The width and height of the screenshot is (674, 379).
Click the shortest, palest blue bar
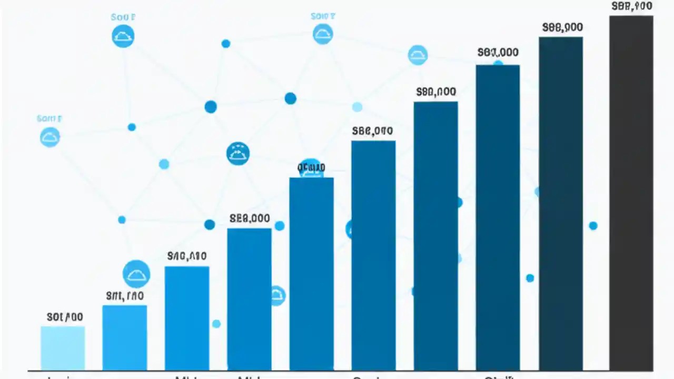click(63, 348)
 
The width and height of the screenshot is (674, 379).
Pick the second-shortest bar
click(124, 337)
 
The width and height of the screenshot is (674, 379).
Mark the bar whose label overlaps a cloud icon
click(311, 274)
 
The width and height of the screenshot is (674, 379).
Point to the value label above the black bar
click(632, 7)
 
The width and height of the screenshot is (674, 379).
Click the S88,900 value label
click(562, 28)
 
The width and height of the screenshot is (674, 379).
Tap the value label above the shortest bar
click(65, 317)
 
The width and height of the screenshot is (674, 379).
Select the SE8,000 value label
click(250, 218)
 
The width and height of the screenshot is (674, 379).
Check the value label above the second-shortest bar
click(125, 296)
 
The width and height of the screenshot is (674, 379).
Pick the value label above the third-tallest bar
click(498, 53)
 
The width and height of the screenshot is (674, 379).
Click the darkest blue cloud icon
click(237, 154)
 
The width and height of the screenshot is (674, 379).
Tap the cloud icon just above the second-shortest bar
click(136, 274)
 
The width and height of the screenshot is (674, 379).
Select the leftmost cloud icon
click(50, 137)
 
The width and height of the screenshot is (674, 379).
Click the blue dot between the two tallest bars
click(593, 226)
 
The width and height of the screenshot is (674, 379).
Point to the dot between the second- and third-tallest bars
click(530, 278)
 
